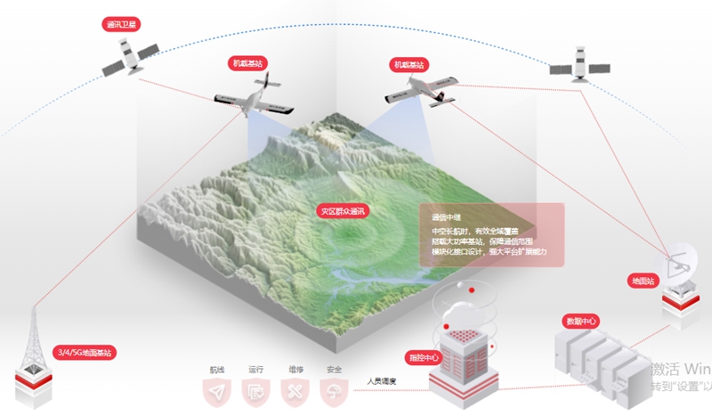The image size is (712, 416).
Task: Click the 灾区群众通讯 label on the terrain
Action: pyautogui.click(x=343, y=211)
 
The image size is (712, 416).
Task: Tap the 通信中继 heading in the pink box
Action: pyautogui.click(x=444, y=217)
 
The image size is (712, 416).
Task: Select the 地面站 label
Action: pyautogui.click(x=642, y=281)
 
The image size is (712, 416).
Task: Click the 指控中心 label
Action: pyautogui.click(x=424, y=357)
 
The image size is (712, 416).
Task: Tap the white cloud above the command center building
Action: pyautogui.click(x=464, y=308)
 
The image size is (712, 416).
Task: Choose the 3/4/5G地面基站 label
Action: pyautogui.click(x=84, y=353)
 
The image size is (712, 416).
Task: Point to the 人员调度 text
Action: pyautogui.click(x=381, y=381)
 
